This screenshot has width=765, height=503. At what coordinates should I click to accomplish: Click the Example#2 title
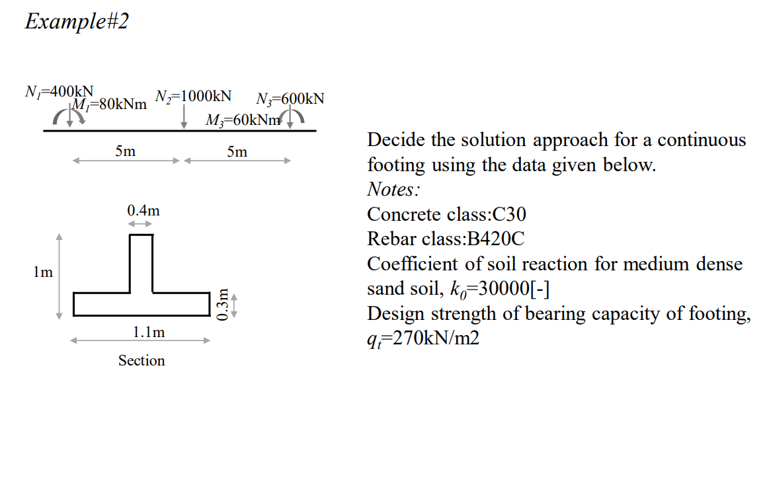tap(77, 21)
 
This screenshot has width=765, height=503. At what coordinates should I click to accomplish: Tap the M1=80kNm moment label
tap(109, 104)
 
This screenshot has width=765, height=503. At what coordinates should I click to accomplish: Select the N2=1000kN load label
tap(193, 96)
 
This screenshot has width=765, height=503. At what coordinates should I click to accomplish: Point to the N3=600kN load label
tap(290, 99)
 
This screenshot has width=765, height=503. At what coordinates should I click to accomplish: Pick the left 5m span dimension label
tap(125, 151)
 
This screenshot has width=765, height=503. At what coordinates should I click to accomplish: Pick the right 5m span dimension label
tap(237, 152)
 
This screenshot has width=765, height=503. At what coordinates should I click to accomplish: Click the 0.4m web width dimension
tap(143, 212)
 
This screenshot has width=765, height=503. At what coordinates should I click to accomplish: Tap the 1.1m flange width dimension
tap(149, 332)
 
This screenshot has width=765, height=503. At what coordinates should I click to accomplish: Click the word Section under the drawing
tap(141, 360)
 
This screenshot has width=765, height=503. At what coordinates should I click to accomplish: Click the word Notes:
tap(393, 190)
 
